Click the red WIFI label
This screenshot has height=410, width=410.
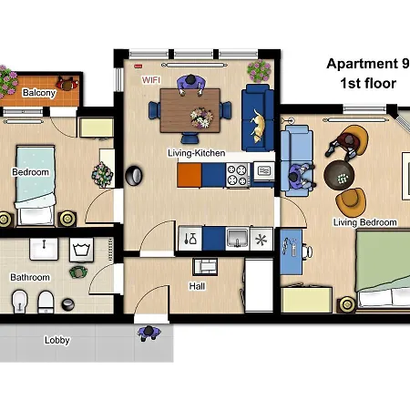151,80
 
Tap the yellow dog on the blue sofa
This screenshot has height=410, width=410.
258,126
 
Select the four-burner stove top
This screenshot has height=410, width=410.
238,175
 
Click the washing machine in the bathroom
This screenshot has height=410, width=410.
81,250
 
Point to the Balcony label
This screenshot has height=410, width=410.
39,93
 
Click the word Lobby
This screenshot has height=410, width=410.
57,340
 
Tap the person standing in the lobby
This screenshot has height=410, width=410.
149,333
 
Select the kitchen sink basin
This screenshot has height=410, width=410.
238,238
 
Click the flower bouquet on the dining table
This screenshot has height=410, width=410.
201,118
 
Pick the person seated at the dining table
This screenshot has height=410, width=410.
191,85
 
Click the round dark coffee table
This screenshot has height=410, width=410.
339,175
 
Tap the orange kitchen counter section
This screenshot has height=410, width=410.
190,175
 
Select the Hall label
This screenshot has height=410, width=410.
197,286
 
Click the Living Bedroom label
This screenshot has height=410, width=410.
365,222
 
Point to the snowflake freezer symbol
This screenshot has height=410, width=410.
261,240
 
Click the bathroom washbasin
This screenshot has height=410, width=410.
44,249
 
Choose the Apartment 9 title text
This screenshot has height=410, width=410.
368,64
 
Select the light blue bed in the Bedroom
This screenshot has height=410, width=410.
36,185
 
